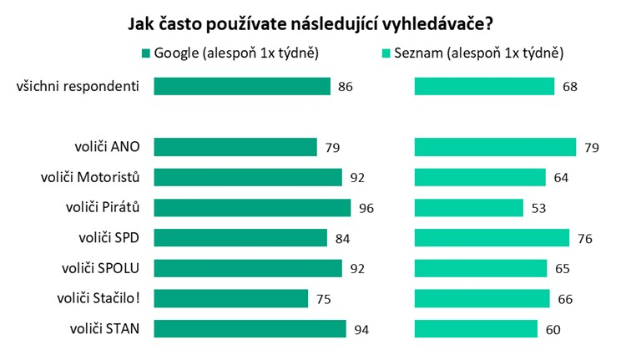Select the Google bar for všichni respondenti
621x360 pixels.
coord(242,86)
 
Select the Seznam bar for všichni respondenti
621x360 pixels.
coord(484,86)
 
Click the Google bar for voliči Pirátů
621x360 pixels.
coord(252,208)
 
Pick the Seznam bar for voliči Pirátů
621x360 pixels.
coord(469,208)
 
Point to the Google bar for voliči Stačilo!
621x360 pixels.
coord(231,299)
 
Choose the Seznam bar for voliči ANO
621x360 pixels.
coord(496,147)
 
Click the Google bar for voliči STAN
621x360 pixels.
coord(250,329)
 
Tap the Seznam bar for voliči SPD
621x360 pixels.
coord(492,238)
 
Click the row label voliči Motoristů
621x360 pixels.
coord(89,177)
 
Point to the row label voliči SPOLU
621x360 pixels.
coord(100,268)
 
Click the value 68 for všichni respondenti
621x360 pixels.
coord(570,87)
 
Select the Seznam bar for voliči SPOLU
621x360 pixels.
coord(481,268)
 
